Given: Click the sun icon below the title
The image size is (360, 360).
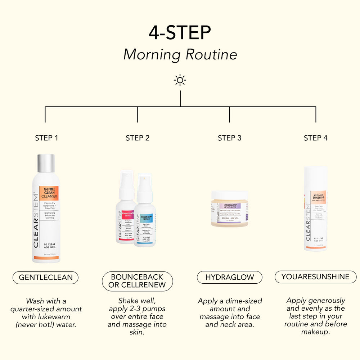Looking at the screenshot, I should pyautogui.click(x=180, y=80).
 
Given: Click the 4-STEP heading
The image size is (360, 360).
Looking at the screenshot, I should pyautogui.click(x=180, y=33).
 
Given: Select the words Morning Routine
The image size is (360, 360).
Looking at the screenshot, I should pyautogui.click(x=180, y=54).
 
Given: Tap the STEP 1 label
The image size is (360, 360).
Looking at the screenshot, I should pyautogui.click(x=46, y=138).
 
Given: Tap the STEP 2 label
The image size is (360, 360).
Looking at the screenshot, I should pyautogui.click(x=138, y=138).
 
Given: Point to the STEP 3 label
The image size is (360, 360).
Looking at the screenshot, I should pyautogui.click(x=230, y=138).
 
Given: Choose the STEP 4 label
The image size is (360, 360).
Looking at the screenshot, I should pyautogui.click(x=316, y=138).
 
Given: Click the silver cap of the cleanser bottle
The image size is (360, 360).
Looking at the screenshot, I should pyautogui.click(x=46, y=163).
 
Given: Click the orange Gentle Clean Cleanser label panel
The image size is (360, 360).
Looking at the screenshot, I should pyautogui.click(x=51, y=193).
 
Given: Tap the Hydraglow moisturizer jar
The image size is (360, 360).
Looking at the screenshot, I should pyautogui.click(x=230, y=209).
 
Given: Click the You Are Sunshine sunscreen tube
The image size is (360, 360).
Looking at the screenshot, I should pyautogui.click(x=315, y=209).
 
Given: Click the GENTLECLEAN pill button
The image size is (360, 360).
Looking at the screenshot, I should pyautogui.click(x=46, y=278).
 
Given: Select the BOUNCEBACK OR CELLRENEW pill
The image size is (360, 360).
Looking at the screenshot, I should pyautogui.click(x=137, y=281).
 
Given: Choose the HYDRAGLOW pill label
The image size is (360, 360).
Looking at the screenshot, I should pyautogui.click(x=230, y=277).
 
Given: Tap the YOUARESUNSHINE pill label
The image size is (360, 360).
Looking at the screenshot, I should pyautogui.click(x=315, y=277).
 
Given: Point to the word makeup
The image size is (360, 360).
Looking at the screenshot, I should pyautogui.click(x=315, y=332).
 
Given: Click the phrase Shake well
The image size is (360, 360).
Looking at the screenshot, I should pyautogui.click(x=137, y=301).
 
